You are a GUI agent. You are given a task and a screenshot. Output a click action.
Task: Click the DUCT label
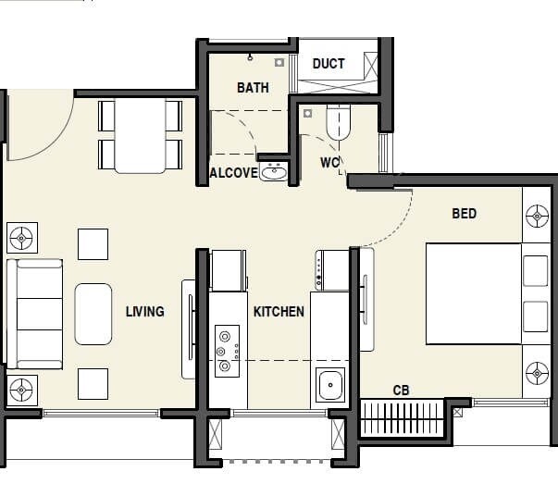tap(329, 63)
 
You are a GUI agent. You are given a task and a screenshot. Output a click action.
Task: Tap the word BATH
tap(253, 88)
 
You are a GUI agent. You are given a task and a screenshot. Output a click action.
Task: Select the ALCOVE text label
tap(233, 173)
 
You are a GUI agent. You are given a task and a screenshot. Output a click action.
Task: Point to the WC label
tap(330, 163)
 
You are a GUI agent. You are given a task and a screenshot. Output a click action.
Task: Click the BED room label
tap(464, 214)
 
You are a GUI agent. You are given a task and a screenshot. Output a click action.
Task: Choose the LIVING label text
tap(144, 312)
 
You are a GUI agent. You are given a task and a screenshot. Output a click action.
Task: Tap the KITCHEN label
tap(279, 312)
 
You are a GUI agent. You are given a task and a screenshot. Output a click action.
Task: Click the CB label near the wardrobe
tap(401, 391)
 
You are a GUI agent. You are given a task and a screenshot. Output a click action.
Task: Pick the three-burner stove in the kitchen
tap(226, 352)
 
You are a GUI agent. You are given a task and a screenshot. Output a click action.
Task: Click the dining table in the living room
tap(140, 136)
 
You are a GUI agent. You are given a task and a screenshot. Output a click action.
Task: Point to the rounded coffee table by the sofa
tap(93, 314)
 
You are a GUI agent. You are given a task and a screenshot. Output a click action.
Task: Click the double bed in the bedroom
tap(473, 293)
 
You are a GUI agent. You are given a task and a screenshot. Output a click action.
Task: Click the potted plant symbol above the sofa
tap(20, 239)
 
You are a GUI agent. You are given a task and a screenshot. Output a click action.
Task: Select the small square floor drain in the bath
tap(279, 63)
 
